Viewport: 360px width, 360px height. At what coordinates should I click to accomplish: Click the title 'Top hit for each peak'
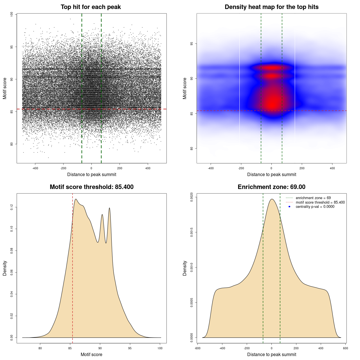click(91, 7)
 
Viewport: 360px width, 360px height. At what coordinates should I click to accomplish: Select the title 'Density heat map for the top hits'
click(271, 7)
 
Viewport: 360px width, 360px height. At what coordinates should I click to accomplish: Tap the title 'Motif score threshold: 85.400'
click(91, 187)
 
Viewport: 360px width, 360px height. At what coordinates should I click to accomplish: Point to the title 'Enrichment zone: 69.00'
click(271, 187)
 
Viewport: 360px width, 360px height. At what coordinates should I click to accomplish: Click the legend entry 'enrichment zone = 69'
click(313, 198)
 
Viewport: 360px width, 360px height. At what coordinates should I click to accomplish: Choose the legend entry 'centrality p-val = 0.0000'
click(315, 206)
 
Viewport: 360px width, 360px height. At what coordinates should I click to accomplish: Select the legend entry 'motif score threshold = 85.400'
click(320, 202)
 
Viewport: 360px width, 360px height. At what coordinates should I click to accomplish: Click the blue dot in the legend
click(289, 206)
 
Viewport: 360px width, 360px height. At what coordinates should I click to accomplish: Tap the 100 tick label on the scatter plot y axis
click(12, 14)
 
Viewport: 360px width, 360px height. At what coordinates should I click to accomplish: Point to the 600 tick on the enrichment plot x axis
click(346, 348)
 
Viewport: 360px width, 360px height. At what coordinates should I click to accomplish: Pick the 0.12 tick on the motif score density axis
click(12, 207)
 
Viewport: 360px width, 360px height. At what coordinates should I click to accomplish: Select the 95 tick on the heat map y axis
click(192, 44)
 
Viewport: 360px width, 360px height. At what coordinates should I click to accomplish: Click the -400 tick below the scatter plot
click(35, 168)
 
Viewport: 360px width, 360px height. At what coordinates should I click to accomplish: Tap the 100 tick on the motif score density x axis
click(160, 348)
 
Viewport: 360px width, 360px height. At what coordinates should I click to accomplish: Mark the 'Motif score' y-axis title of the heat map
click(185, 88)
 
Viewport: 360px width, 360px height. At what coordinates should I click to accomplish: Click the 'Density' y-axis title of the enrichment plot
click(185, 268)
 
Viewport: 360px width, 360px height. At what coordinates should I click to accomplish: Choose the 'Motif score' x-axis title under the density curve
click(91, 354)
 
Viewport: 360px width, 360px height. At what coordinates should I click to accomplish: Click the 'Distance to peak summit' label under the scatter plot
click(92, 174)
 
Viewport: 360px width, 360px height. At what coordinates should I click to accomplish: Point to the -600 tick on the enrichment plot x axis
click(197, 348)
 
